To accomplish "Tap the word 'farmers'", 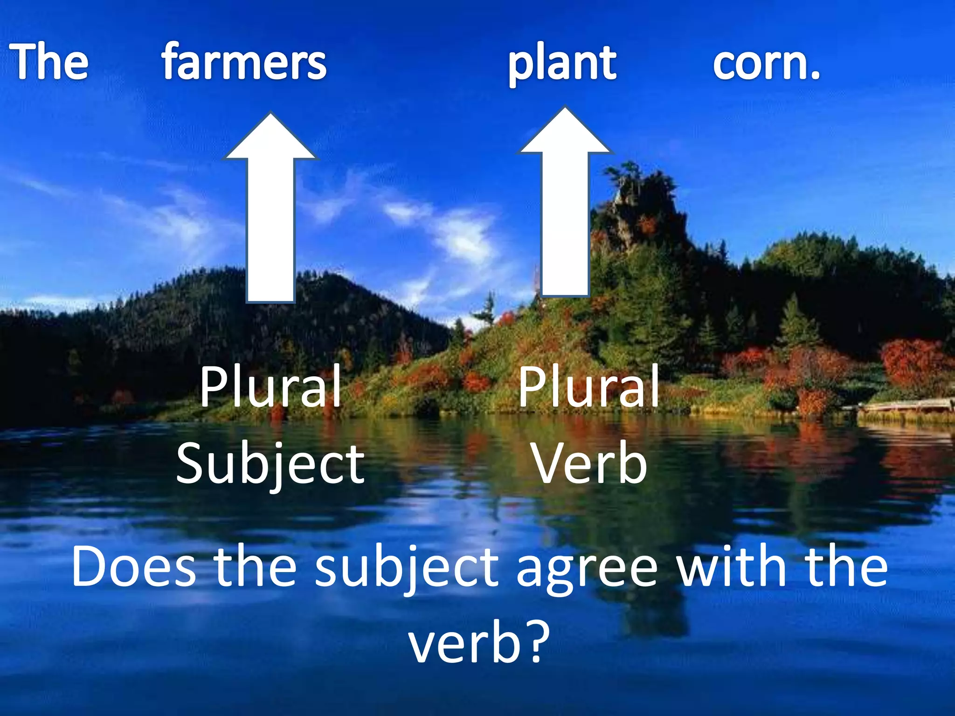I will pos(244,62).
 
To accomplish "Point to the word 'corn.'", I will pos(766,63).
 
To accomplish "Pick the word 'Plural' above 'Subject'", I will pos(270,387).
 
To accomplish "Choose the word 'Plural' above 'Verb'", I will pos(589,387).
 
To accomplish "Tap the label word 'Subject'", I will pos(270,464).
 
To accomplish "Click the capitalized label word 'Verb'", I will pos(589,463).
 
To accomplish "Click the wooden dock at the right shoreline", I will pos(905,406).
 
